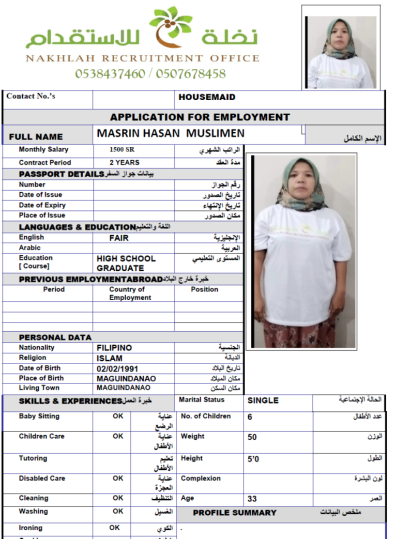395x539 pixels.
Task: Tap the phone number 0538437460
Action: (x=110, y=73)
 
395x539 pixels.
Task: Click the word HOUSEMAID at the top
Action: (x=207, y=97)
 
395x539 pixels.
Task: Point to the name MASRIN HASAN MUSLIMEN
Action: (x=171, y=134)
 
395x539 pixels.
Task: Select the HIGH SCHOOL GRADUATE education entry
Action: (x=126, y=263)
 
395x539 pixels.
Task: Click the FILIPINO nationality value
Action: (x=114, y=348)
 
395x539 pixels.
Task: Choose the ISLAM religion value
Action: (x=110, y=358)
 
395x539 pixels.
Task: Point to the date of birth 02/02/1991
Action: (x=118, y=368)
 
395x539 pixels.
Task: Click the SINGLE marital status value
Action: (x=263, y=401)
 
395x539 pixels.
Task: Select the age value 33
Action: (x=252, y=499)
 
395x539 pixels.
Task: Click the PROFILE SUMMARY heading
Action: (x=235, y=513)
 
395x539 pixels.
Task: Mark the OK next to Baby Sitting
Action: (x=118, y=416)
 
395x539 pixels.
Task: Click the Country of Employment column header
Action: (x=130, y=294)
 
